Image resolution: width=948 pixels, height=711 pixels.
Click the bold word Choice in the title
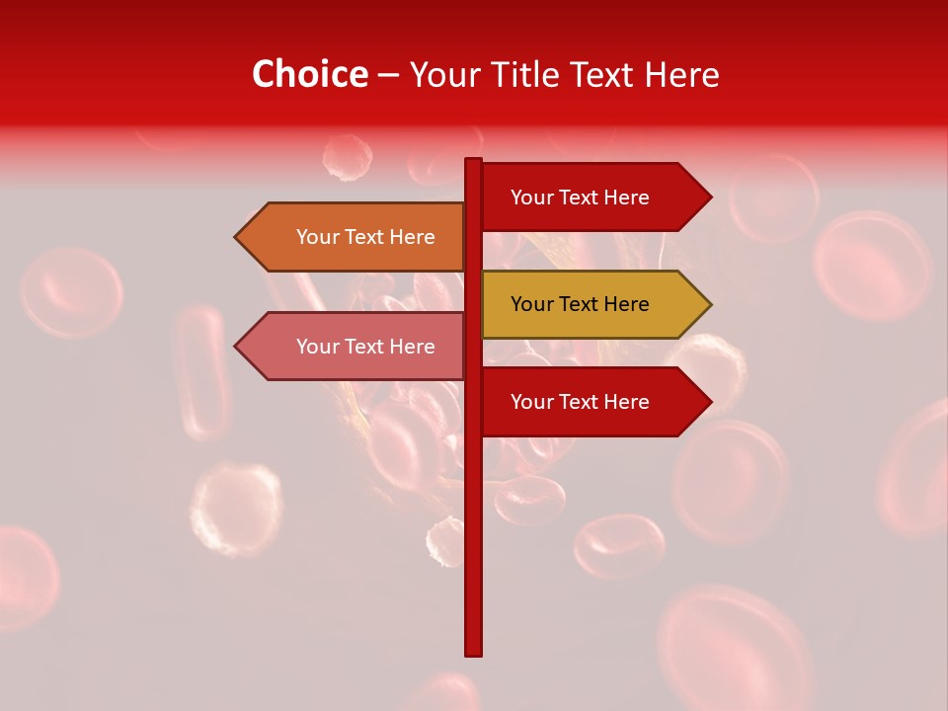pos(309,74)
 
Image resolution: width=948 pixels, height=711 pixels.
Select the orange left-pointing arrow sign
pos(355,237)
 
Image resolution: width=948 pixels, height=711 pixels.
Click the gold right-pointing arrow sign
pos(592,304)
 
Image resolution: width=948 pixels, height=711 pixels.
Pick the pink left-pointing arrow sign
pos(355,347)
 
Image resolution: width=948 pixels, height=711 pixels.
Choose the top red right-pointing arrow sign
pos(592,197)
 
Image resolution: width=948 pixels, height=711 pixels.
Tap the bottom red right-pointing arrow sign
pos(592,402)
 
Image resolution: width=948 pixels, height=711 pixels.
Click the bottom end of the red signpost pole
pos(473,652)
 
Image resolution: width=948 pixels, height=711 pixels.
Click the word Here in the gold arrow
pos(626,304)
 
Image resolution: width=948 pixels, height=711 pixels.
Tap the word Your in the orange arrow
pos(316,237)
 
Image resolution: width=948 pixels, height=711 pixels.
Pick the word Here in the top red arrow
pos(626,197)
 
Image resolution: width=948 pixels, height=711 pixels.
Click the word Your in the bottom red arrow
pos(530,402)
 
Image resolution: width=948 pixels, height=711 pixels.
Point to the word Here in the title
pos(683,74)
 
